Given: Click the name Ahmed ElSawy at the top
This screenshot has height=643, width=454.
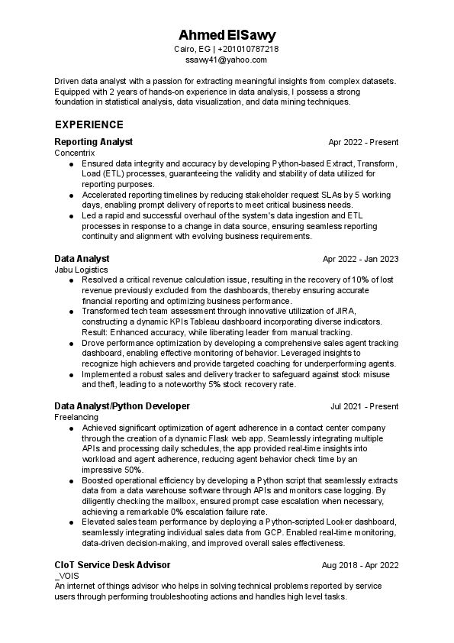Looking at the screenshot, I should pos(227,36).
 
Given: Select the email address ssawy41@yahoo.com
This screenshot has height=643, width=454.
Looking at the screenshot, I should pos(227,60).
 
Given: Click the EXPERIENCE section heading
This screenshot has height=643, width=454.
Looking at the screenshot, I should pos(89,124).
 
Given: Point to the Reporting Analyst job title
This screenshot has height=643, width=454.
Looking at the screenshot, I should pos(94,142).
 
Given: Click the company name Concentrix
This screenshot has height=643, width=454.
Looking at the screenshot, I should pos(75,153).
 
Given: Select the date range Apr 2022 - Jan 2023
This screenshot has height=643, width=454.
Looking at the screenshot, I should pos(360,259).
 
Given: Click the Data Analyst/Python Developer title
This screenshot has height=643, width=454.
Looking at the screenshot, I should pos(122,406).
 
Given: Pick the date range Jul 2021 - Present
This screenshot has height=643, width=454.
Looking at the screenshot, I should pos(364,406).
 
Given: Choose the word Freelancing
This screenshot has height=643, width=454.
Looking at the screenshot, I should pos(76,417).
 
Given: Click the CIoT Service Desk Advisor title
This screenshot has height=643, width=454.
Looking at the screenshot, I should pos(112,564).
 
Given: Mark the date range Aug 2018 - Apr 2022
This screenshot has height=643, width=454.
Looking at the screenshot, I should pos(360,565).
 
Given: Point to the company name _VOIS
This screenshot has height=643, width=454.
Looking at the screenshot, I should pos(66,575).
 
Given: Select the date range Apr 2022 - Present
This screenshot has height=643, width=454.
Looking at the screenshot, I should pos(364,143).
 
